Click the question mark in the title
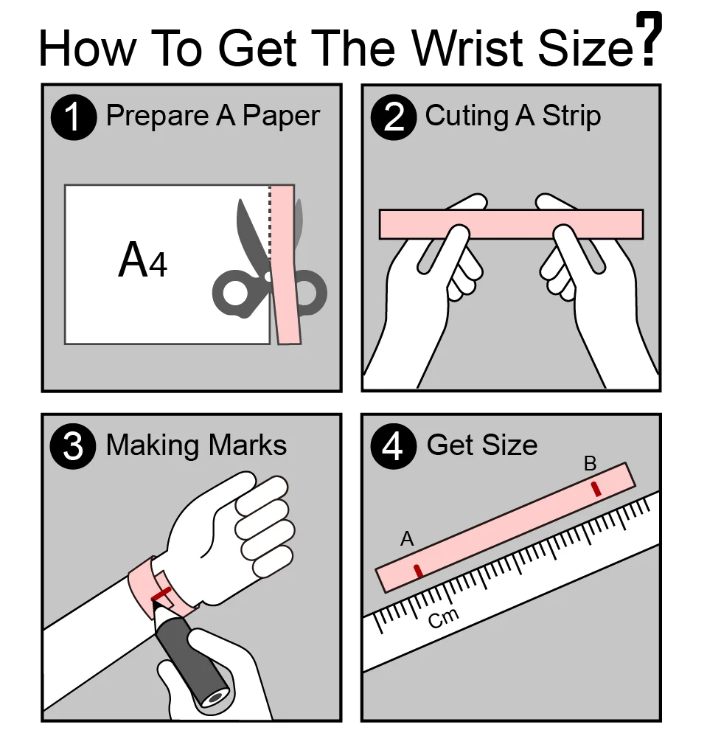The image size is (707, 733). [x=649, y=38]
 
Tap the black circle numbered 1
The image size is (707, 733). [x=74, y=117]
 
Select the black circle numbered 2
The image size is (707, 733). [x=393, y=117]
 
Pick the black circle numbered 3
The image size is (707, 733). [x=73, y=446]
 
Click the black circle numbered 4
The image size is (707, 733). [x=393, y=446]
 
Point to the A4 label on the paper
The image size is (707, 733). [x=142, y=260]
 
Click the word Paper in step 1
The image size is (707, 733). [x=282, y=117]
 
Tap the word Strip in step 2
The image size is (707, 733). [x=571, y=116]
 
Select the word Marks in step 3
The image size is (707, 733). [x=247, y=445]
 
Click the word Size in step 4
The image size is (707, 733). [x=510, y=445]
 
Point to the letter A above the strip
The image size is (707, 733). [x=407, y=539]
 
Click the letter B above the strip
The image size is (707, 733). [x=591, y=464]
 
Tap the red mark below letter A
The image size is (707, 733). [x=419, y=571]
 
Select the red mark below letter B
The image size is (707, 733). [x=596, y=488]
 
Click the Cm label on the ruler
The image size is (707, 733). [x=444, y=618]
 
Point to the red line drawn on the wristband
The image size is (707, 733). [x=161, y=594]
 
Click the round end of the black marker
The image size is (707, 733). [x=215, y=698]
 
